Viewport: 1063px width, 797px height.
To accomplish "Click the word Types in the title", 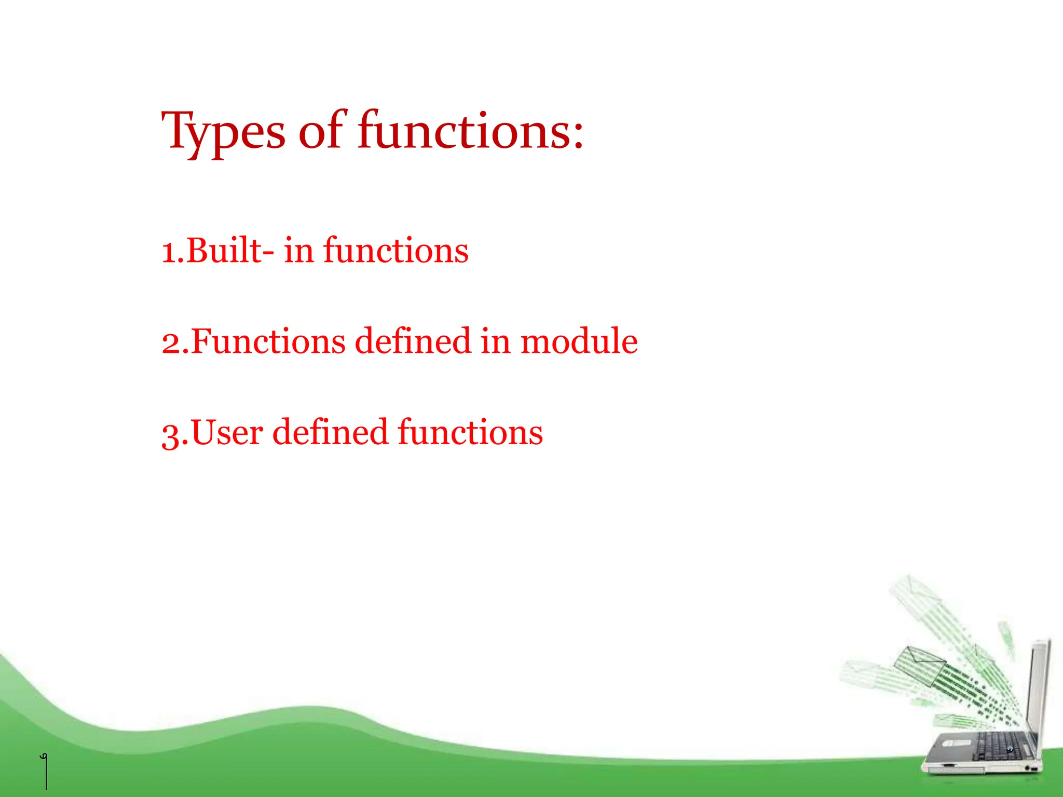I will (x=223, y=132).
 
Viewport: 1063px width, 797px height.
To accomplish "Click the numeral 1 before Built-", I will (x=169, y=252).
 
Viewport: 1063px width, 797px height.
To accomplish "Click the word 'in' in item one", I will (x=298, y=251).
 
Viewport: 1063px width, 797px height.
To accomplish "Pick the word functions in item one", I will (x=396, y=251).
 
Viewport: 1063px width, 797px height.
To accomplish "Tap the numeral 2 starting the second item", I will (x=171, y=342).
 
